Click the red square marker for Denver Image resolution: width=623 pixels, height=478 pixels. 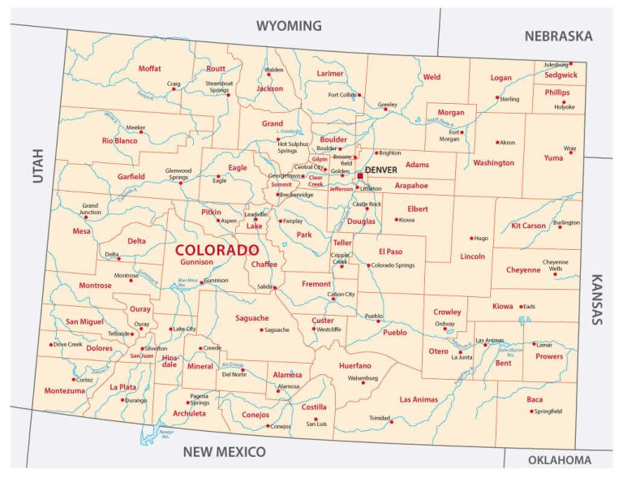(360, 175)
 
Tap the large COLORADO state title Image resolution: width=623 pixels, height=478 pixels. (217, 250)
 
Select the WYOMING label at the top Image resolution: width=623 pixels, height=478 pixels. (289, 26)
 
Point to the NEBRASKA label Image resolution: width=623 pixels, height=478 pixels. (558, 36)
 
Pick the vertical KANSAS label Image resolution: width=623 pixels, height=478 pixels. (596, 299)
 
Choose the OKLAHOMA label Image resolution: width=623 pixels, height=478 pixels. (560, 460)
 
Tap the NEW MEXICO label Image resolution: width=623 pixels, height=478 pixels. (224, 451)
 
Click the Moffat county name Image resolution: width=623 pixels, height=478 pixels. (149, 69)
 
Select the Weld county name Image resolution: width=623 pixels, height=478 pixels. (432, 77)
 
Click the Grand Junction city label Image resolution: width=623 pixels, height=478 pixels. (90, 209)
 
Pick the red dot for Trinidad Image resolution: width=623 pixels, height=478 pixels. (392, 421)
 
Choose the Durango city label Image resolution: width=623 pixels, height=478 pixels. (138, 400)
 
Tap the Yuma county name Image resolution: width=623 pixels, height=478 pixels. (553, 157)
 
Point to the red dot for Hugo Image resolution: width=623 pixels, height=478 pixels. (472, 239)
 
